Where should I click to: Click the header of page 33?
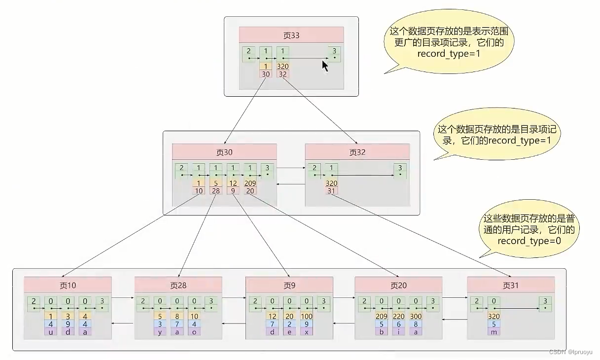coord(291,36)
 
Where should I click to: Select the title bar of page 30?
coord(224,152)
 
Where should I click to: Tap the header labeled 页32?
coord(357,152)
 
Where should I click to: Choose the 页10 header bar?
coord(68,285)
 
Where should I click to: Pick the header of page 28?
coord(178,285)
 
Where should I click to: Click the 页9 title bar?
coord(289,285)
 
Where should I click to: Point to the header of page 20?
coord(398,285)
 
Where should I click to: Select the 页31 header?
coord(511,285)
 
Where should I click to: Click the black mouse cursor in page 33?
coord(325,66)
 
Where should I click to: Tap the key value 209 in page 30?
coord(250,183)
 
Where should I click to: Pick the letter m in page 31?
coord(494,332)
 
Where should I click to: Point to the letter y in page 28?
coord(160,332)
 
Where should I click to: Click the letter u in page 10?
coord(50,332)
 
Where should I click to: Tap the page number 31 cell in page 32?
coord(331,191)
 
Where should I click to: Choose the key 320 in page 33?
coord(282,67)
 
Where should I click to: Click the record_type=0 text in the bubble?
coord(529,241)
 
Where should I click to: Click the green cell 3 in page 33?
coord(335,54)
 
